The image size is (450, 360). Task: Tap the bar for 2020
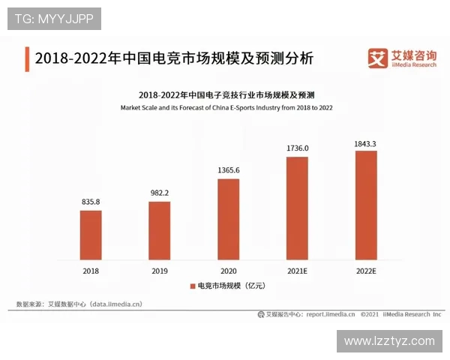point(228,219)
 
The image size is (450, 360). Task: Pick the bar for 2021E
point(297,208)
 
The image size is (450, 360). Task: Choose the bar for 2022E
point(365,205)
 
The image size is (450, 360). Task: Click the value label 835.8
point(91,202)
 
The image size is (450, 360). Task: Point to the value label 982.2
point(159,193)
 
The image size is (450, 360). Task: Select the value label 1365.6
point(228,170)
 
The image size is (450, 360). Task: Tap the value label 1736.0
point(297,148)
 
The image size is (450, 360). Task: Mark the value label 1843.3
point(365,142)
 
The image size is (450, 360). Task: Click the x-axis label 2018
point(91,270)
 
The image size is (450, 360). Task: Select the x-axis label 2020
point(228,270)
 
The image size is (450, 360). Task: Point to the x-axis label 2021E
point(297,270)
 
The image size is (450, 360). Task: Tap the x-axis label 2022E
point(365,270)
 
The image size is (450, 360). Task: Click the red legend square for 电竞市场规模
point(192,286)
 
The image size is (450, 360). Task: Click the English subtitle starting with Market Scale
point(226,108)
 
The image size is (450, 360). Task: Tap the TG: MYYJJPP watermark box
point(54,19)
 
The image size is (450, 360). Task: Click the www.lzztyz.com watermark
point(389,341)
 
